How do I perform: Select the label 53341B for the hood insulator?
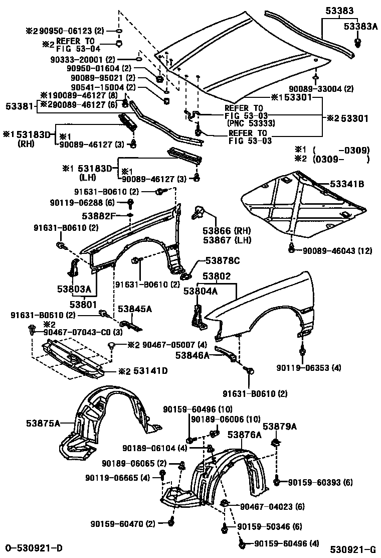[346, 184]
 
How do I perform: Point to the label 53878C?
[222, 260]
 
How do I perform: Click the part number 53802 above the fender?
[217, 276]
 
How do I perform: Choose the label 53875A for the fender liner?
[43, 424]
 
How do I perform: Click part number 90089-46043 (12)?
[337, 250]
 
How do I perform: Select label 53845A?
[134, 309]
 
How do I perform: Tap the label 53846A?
[192, 355]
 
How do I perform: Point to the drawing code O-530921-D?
[34, 547]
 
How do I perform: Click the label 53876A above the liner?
[245, 435]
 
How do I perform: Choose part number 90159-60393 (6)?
[320, 482]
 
